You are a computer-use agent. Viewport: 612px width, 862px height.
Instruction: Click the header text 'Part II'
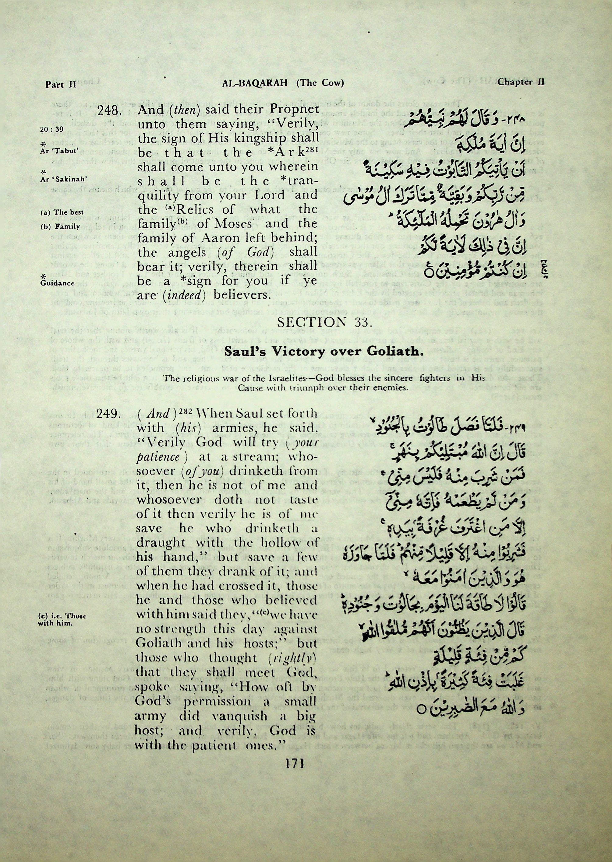click(61, 84)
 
